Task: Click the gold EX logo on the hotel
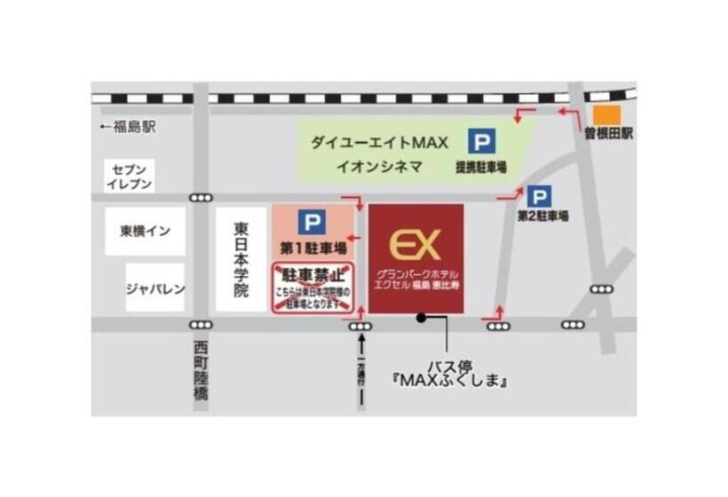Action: (415, 244)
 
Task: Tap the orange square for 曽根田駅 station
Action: (608, 115)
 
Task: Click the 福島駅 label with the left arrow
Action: (128, 127)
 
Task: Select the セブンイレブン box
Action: (130, 176)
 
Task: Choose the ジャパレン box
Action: (154, 287)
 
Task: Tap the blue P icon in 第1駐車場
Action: (311, 222)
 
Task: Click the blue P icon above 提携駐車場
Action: (482, 143)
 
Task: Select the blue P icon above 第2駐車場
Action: (538, 196)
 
